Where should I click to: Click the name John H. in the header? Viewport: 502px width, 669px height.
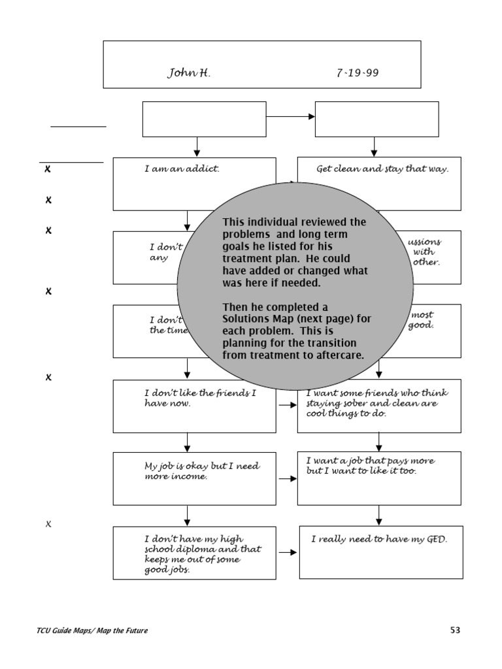189,73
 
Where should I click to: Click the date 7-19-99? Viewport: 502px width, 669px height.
357,73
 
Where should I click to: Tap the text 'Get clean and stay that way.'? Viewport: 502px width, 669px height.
382,169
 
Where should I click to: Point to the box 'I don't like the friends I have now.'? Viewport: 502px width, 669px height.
194,405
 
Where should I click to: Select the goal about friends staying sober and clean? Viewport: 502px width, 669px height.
378,404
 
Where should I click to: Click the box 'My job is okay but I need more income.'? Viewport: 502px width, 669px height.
194,478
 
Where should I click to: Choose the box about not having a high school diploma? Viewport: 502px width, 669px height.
194,552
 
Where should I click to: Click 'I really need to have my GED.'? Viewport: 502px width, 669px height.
379,540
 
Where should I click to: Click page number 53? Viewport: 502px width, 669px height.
455,630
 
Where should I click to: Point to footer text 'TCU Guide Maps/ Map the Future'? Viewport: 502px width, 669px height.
92,631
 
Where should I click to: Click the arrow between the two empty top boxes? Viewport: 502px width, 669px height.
290,117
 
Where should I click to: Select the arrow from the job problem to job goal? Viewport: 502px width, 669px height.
287,478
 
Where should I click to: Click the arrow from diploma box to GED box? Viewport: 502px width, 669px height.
288,553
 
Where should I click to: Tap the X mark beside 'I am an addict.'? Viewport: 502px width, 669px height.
48,169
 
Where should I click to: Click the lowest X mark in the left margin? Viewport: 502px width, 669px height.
48,525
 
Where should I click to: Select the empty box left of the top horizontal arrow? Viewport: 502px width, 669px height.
204,119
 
